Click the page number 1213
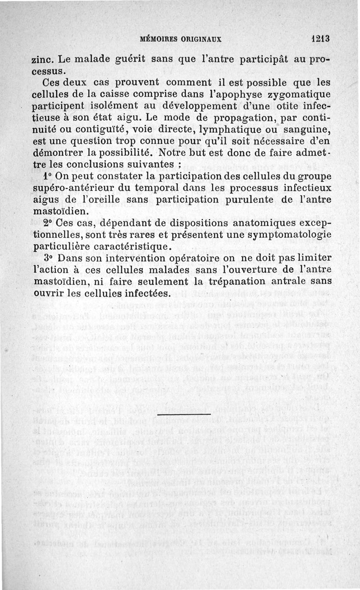point(320,39)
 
